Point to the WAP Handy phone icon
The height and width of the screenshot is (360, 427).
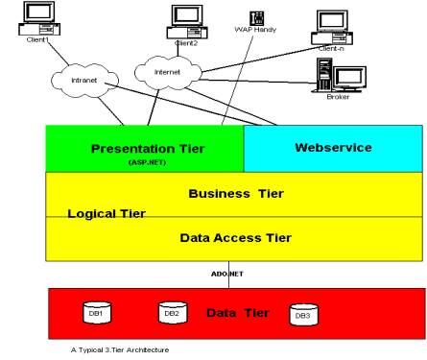click(230, 19)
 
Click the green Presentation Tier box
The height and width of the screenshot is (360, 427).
click(145, 149)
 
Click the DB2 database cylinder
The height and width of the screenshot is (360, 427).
click(170, 312)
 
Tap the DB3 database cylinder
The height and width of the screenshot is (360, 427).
click(302, 314)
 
